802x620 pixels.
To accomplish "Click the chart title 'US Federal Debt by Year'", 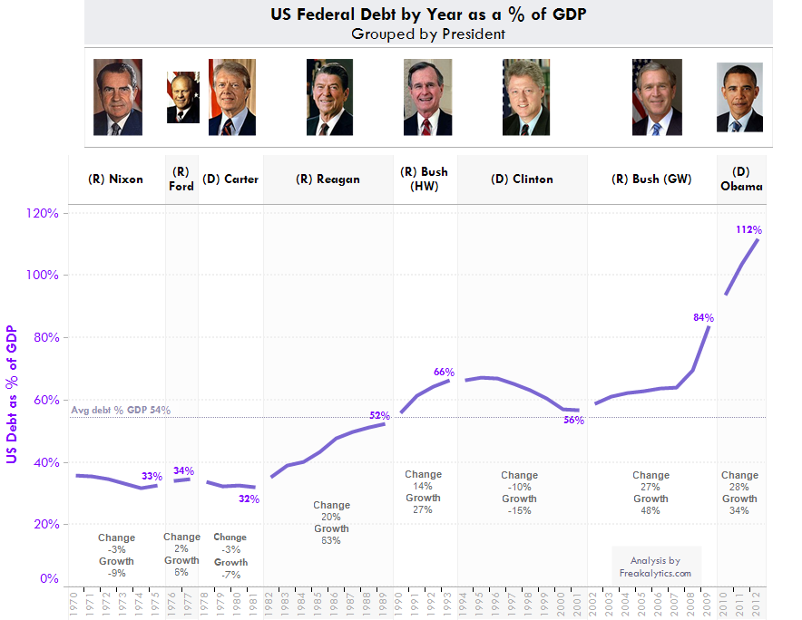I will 428,15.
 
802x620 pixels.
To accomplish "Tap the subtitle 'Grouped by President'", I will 428,34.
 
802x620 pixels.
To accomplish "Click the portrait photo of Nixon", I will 118,97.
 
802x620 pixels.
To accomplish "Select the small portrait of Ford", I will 182,98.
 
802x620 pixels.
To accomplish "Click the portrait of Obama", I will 739,97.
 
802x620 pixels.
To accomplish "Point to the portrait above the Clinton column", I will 526,97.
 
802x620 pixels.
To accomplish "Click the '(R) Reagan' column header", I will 328,179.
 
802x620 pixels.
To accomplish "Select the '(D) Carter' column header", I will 230,179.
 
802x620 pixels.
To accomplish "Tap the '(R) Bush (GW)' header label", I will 651,179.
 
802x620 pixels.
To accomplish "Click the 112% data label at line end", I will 748,230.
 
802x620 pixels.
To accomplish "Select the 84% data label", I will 703,318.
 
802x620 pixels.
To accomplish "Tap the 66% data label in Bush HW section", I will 444,373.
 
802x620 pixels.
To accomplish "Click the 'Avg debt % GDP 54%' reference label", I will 120,411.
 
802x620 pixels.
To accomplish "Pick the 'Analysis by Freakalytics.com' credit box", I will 655,567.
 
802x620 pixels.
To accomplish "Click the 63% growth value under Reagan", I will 331,541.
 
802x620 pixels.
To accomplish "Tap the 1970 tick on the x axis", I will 73,605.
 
